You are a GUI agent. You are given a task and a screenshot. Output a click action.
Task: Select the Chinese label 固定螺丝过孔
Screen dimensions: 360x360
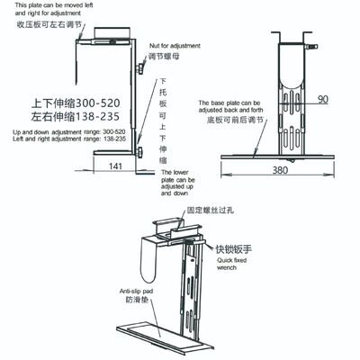[x=210, y=214]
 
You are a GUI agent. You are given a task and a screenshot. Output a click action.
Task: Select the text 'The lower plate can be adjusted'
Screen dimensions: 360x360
[x=176, y=181]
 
